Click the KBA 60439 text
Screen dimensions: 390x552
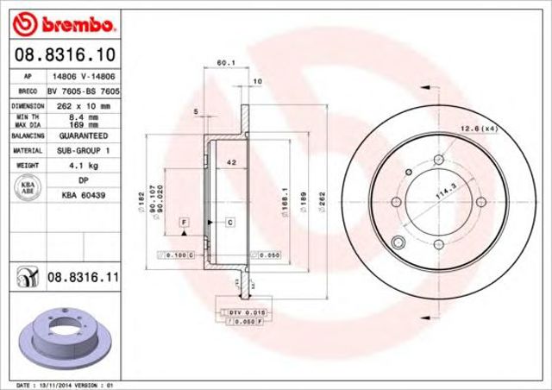(x=83, y=195)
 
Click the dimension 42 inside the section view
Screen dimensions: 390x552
(x=231, y=162)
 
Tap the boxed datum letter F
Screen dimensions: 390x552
(x=185, y=223)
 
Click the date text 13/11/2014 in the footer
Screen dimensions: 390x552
(x=58, y=384)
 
